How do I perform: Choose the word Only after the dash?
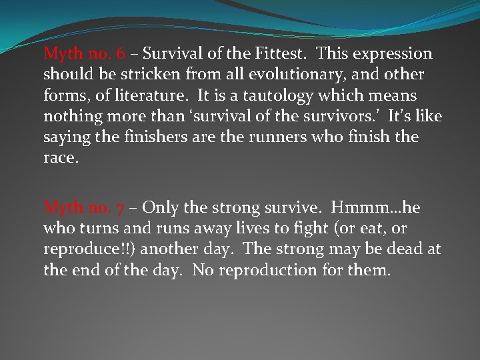click(x=161, y=207)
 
